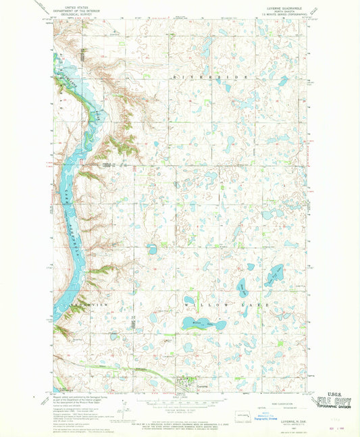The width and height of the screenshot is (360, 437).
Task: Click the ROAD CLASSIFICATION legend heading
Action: pyautogui.click(x=277, y=404)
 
